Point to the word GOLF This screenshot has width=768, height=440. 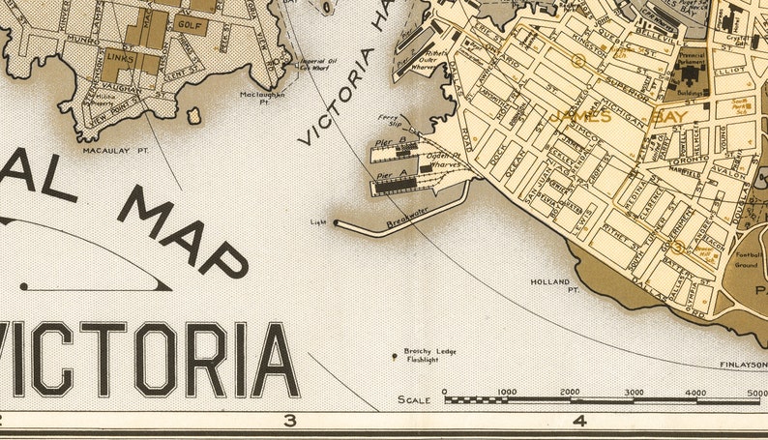[x=191, y=25]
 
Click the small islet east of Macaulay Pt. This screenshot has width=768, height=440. [x=193, y=116]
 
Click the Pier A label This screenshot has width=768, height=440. [x=386, y=174]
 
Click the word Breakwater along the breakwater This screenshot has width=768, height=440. [x=407, y=219]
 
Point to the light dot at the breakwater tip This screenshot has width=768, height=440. [x=337, y=222]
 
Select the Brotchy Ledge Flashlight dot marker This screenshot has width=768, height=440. [x=394, y=357]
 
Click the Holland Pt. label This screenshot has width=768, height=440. [x=554, y=285]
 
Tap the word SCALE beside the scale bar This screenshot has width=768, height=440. [x=414, y=399]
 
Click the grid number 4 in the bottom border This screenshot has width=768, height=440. [x=579, y=421]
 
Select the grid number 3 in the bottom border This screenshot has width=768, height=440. [x=288, y=421]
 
